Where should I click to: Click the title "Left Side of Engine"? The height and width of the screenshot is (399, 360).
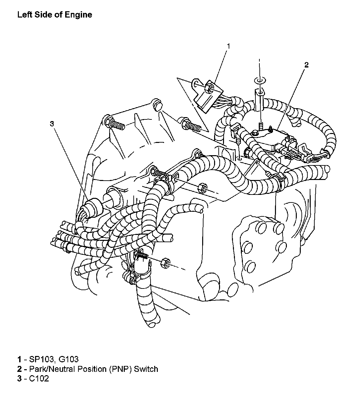click(x=55, y=15)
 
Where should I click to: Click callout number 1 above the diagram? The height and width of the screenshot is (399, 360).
click(x=228, y=46)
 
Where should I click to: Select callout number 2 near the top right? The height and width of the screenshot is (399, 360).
click(x=306, y=65)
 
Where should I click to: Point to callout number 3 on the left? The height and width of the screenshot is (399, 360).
click(x=52, y=124)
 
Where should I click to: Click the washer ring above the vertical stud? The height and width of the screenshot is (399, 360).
click(x=260, y=80)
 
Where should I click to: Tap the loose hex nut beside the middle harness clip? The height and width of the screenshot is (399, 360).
click(x=202, y=187)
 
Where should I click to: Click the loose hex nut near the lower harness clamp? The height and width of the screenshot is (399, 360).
click(x=165, y=263)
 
